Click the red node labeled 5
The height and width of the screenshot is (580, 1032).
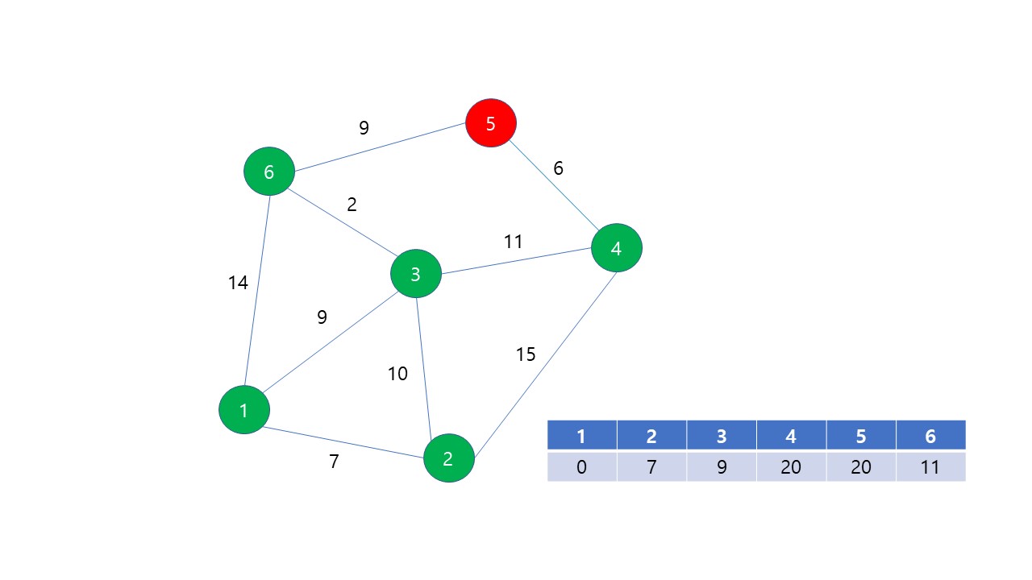[491, 123]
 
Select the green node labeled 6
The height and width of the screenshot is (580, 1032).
[269, 172]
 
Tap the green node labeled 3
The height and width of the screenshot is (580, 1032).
[415, 274]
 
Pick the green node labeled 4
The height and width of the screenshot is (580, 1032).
[616, 248]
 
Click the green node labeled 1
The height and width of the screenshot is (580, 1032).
[243, 410]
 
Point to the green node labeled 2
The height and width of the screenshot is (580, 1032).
[448, 458]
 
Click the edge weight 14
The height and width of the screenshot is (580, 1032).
[238, 283]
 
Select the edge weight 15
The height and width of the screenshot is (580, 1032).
[526, 354]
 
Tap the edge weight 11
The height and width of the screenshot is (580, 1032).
[514, 242]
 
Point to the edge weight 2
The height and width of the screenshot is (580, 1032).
[352, 205]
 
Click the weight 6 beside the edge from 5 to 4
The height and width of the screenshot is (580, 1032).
[558, 168]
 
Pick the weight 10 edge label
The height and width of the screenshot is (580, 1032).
[397, 374]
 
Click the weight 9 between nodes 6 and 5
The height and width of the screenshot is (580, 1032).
[364, 127]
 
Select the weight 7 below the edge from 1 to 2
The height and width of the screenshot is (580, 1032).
[334, 462]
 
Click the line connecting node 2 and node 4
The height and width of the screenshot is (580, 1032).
[545, 365]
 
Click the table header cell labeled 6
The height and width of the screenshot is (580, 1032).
[930, 436]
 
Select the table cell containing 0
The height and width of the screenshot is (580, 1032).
[581, 467]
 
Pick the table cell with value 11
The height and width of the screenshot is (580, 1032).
[930, 467]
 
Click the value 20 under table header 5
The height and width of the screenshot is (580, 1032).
[861, 467]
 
